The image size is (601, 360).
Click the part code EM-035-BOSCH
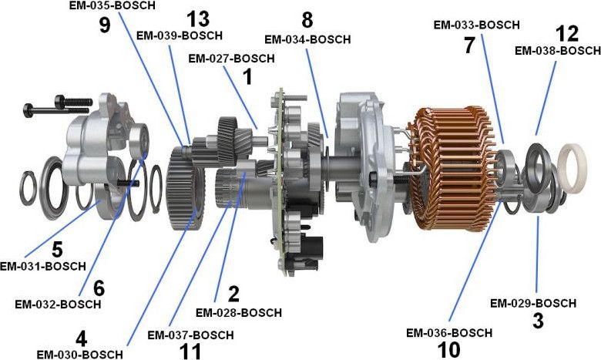[x=111, y=6]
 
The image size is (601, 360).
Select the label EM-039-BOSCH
[x=179, y=35]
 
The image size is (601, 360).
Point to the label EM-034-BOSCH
[x=307, y=39]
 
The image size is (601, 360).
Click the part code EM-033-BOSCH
[x=476, y=25]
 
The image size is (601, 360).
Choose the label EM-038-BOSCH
[x=557, y=51]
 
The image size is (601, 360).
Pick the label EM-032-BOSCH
[x=58, y=304]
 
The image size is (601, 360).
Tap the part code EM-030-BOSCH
[x=79, y=354]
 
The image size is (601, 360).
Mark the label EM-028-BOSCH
[x=238, y=313]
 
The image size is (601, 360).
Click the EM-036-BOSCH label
[x=451, y=333]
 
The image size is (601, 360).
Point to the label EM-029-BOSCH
[x=533, y=303]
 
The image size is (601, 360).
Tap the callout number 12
[x=566, y=34]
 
